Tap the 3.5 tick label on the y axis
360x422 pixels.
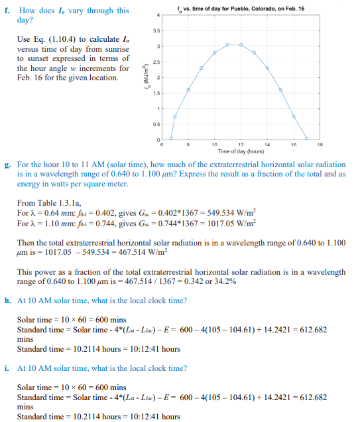coord(157,31)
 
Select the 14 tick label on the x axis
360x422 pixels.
coord(267,144)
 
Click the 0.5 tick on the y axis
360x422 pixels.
coord(157,124)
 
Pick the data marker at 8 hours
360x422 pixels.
coord(188,90)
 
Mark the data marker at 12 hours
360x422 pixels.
coord(241,44)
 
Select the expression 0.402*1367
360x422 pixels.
coord(157,216)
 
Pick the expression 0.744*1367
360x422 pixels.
coord(156,225)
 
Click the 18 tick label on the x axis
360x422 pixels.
coord(320,144)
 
